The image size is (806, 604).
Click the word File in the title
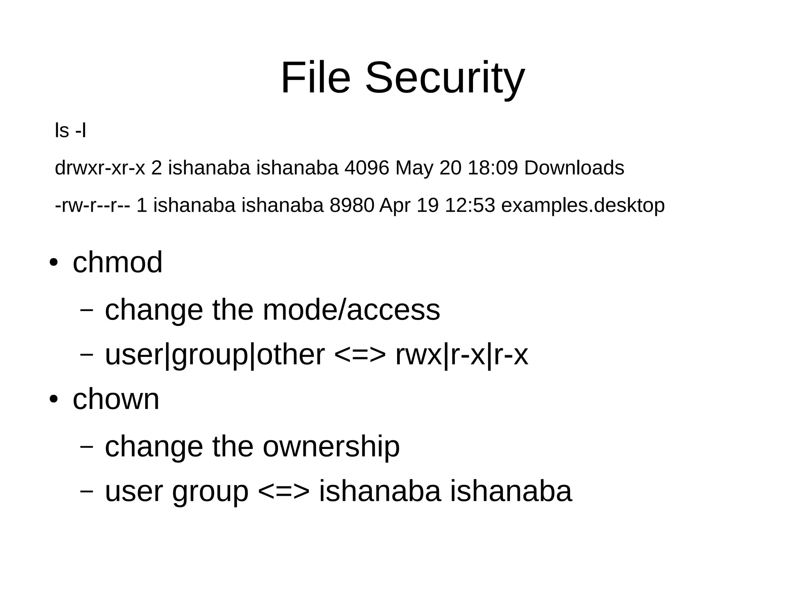point(315,78)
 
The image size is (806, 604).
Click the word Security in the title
point(445,78)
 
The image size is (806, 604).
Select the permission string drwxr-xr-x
point(100,168)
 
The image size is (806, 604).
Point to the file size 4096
point(366,168)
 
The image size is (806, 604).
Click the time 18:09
point(493,168)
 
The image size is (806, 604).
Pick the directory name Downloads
point(574,168)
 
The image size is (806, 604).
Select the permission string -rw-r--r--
point(92,205)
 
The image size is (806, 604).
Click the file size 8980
point(351,205)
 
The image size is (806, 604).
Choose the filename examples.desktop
point(583,205)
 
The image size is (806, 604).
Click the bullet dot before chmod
point(54,262)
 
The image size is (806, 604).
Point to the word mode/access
point(351,310)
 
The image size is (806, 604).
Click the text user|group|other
point(215,355)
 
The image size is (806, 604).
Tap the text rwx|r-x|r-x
point(462,355)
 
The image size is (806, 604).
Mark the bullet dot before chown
point(54,399)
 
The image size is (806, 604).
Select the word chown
point(116,399)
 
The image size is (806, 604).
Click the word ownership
point(331,446)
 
